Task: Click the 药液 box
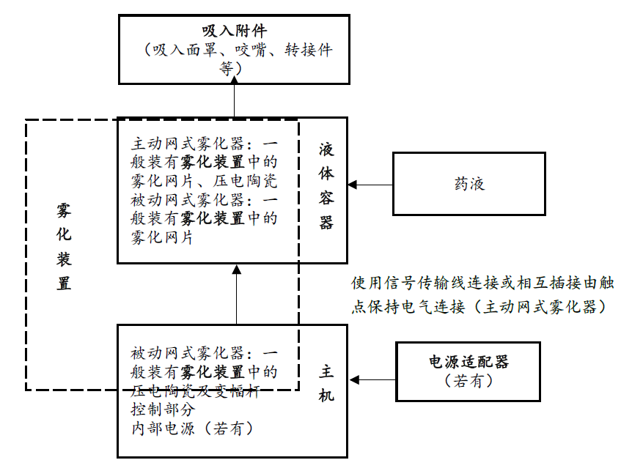(x=469, y=184)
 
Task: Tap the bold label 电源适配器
(x=469, y=361)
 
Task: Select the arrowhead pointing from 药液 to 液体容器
(x=353, y=185)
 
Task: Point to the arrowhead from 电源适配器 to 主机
(x=354, y=380)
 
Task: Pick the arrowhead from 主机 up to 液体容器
(x=236, y=269)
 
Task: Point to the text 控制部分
(x=163, y=409)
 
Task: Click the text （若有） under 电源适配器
(x=469, y=381)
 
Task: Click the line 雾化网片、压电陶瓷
(x=205, y=179)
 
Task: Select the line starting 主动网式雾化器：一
(x=205, y=142)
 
